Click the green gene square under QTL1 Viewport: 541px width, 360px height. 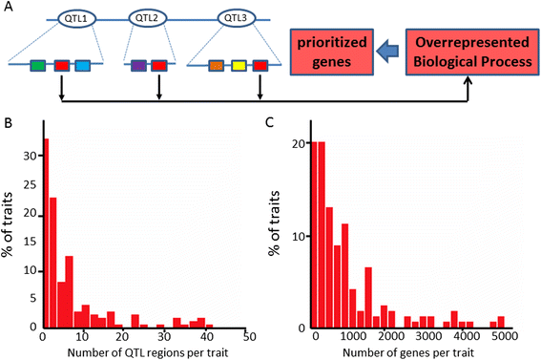click(x=38, y=66)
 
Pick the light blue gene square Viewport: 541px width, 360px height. click(x=83, y=66)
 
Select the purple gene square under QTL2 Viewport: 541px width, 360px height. click(x=138, y=66)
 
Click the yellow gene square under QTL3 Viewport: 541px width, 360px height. click(x=239, y=66)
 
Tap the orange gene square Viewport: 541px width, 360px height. click(x=217, y=66)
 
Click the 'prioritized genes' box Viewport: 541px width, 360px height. click(x=332, y=53)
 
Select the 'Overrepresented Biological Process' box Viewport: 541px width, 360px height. click(x=472, y=53)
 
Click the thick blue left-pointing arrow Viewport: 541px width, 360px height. click(x=387, y=51)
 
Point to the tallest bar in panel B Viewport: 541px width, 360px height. click(x=47, y=233)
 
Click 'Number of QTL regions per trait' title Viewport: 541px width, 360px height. click(x=148, y=352)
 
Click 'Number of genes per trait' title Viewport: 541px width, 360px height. click(x=408, y=352)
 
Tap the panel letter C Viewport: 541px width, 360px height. click(x=269, y=122)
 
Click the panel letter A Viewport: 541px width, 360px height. click(x=8, y=6)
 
